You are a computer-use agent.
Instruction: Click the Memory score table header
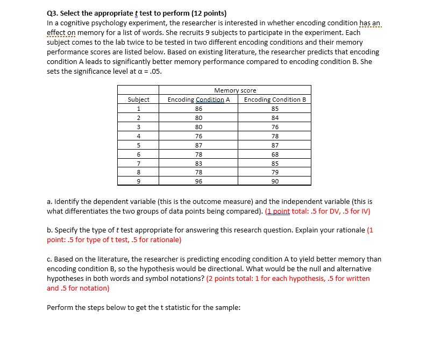tap(235, 90)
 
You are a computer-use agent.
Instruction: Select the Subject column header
tap(139, 100)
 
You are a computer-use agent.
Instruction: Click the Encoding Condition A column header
tap(198, 100)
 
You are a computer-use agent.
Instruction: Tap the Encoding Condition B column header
tap(275, 100)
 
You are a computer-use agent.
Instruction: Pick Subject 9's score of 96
tap(198, 181)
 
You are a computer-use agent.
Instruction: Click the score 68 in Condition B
tap(275, 153)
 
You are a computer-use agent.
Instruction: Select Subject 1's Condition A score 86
tap(198, 108)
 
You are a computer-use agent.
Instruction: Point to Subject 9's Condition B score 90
tap(275, 181)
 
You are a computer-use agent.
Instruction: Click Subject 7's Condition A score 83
tap(198, 163)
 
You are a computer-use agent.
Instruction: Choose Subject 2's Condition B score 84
tap(275, 117)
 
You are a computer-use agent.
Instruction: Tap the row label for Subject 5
tap(139, 145)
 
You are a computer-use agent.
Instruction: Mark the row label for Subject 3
tap(139, 126)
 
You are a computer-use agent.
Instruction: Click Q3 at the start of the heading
tap(53, 13)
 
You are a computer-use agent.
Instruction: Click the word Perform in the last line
tap(60, 307)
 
